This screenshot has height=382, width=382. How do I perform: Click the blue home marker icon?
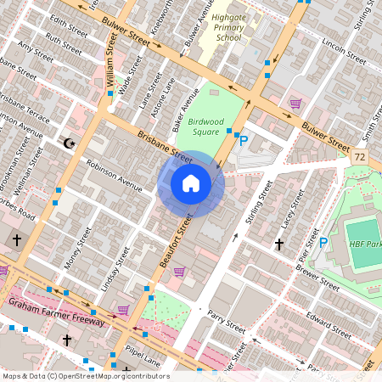pos(191,183)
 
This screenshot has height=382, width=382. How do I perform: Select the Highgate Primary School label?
pos(228,27)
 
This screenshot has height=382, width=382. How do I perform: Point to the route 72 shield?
pos(361,158)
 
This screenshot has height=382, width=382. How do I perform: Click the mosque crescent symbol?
pos(70,143)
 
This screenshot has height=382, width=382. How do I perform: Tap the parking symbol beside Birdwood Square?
pos(244,141)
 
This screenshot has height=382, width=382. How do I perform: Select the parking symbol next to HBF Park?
pos(323,243)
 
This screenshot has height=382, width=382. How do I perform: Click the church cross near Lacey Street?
pos(278,244)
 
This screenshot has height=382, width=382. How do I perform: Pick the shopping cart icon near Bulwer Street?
pos(295,104)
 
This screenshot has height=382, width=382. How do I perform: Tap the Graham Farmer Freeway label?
pos(55,311)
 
